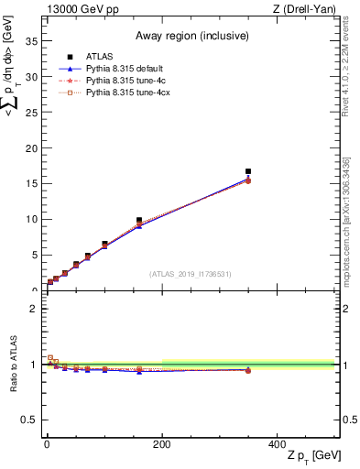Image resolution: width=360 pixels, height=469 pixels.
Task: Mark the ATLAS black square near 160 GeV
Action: (x=139, y=221)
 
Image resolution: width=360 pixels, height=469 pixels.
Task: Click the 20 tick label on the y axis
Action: (x=29, y=148)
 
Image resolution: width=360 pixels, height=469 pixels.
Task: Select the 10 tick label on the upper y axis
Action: (x=29, y=219)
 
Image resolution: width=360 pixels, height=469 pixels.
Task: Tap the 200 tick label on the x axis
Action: (x=161, y=444)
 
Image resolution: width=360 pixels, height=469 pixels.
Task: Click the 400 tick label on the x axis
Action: (x=277, y=444)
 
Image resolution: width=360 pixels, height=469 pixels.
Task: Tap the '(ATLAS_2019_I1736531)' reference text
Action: (x=190, y=274)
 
